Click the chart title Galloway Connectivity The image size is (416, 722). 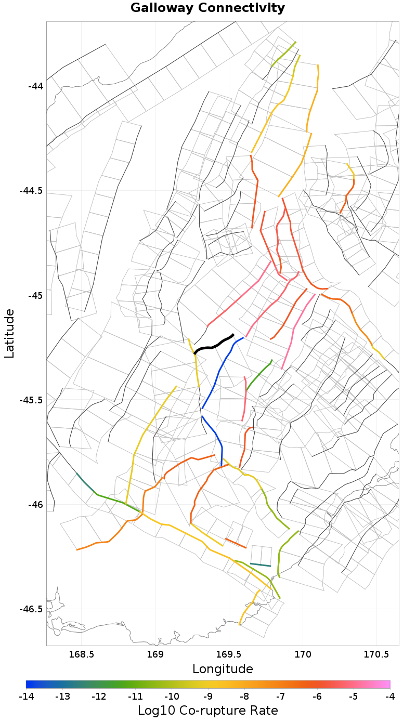tap(207, 8)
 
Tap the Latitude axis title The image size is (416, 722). tap(9, 333)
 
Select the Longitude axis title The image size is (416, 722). tap(223, 668)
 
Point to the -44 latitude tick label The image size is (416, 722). tap(36, 86)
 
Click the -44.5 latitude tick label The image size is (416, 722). tap(32, 191)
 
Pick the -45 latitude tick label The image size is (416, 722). tap(36, 295)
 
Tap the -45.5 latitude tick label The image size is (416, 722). tap(32, 400)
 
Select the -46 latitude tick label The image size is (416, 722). tap(36, 505)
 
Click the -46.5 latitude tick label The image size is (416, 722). tap(32, 609)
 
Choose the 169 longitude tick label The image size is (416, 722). tap(155, 654)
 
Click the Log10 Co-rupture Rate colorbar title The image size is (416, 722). tap(207, 711)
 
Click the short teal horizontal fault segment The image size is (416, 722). tap(261, 565)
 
